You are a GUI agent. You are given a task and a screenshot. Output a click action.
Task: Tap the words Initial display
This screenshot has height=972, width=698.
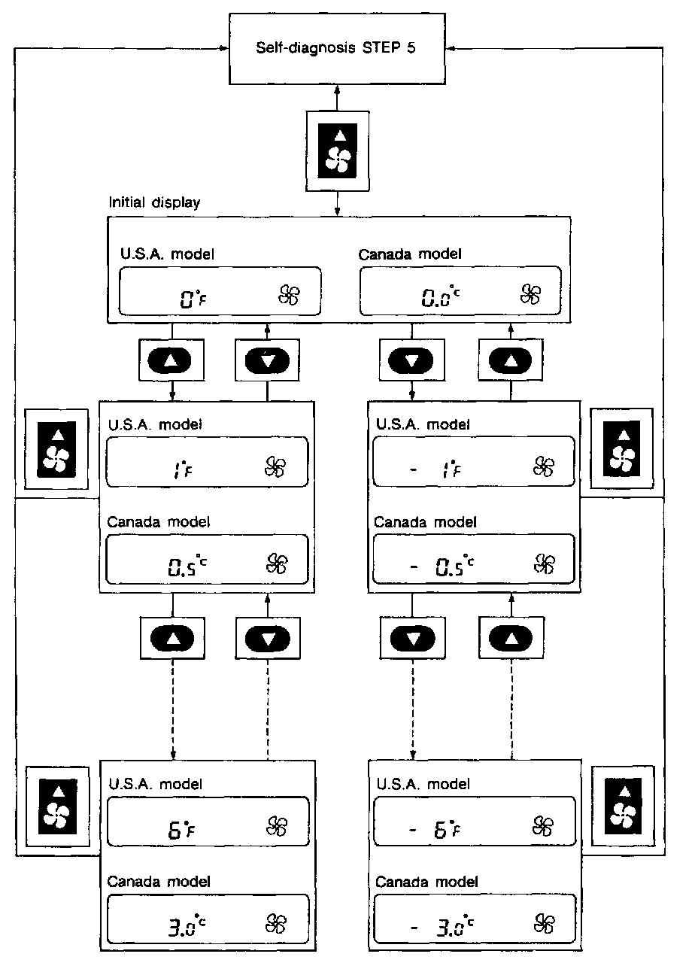155,203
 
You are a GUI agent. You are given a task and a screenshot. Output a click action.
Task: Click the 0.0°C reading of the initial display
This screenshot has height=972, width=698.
440,298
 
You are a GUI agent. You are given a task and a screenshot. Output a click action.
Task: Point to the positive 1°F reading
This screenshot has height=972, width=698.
178,470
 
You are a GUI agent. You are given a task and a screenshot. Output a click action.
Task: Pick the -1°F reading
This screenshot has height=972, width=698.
438,470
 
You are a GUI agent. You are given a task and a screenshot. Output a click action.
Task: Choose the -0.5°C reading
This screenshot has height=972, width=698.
444,567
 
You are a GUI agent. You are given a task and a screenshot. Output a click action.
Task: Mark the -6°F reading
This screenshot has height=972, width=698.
438,831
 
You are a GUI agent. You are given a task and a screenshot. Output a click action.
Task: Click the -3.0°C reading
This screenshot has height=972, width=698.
444,928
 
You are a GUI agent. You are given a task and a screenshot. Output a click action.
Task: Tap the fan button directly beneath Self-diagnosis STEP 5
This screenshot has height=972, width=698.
338,150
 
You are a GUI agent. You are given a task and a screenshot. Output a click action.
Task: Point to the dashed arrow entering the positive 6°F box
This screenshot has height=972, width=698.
173,715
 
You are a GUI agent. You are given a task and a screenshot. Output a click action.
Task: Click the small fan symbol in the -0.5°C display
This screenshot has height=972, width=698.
543,563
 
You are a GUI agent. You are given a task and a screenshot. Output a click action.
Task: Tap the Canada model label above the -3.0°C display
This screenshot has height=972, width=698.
426,882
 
